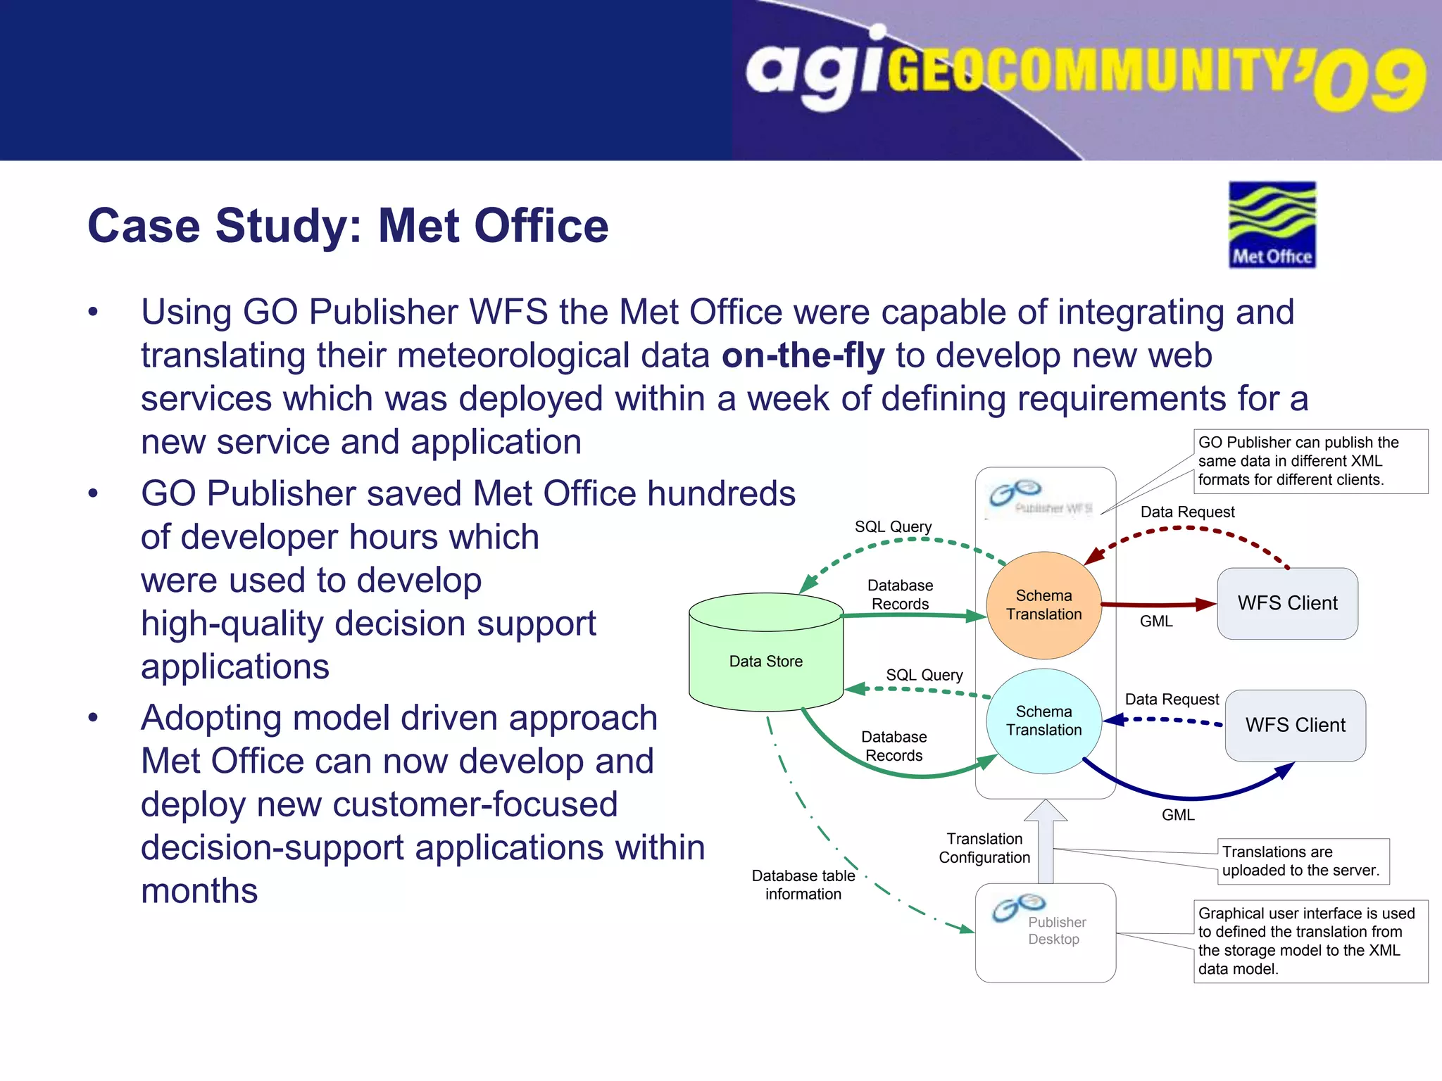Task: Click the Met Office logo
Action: coord(1272,225)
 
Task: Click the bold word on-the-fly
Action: coord(803,355)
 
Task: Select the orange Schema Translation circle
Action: coord(1043,605)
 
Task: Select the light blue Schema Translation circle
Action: coord(1043,721)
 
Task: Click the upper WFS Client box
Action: coord(1287,603)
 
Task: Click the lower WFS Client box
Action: coord(1295,725)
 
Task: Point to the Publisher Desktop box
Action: coord(1045,932)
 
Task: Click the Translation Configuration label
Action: coord(984,848)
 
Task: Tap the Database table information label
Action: coord(803,885)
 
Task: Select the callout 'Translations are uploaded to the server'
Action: coord(1303,861)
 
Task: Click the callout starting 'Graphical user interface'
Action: coord(1310,941)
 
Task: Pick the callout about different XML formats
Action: coord(1310,461)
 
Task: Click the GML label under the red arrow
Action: coord(1156,621)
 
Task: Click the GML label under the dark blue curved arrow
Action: coord(1178,815)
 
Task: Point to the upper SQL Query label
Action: coord(893,526)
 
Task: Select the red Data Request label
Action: coord(1187,512)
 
